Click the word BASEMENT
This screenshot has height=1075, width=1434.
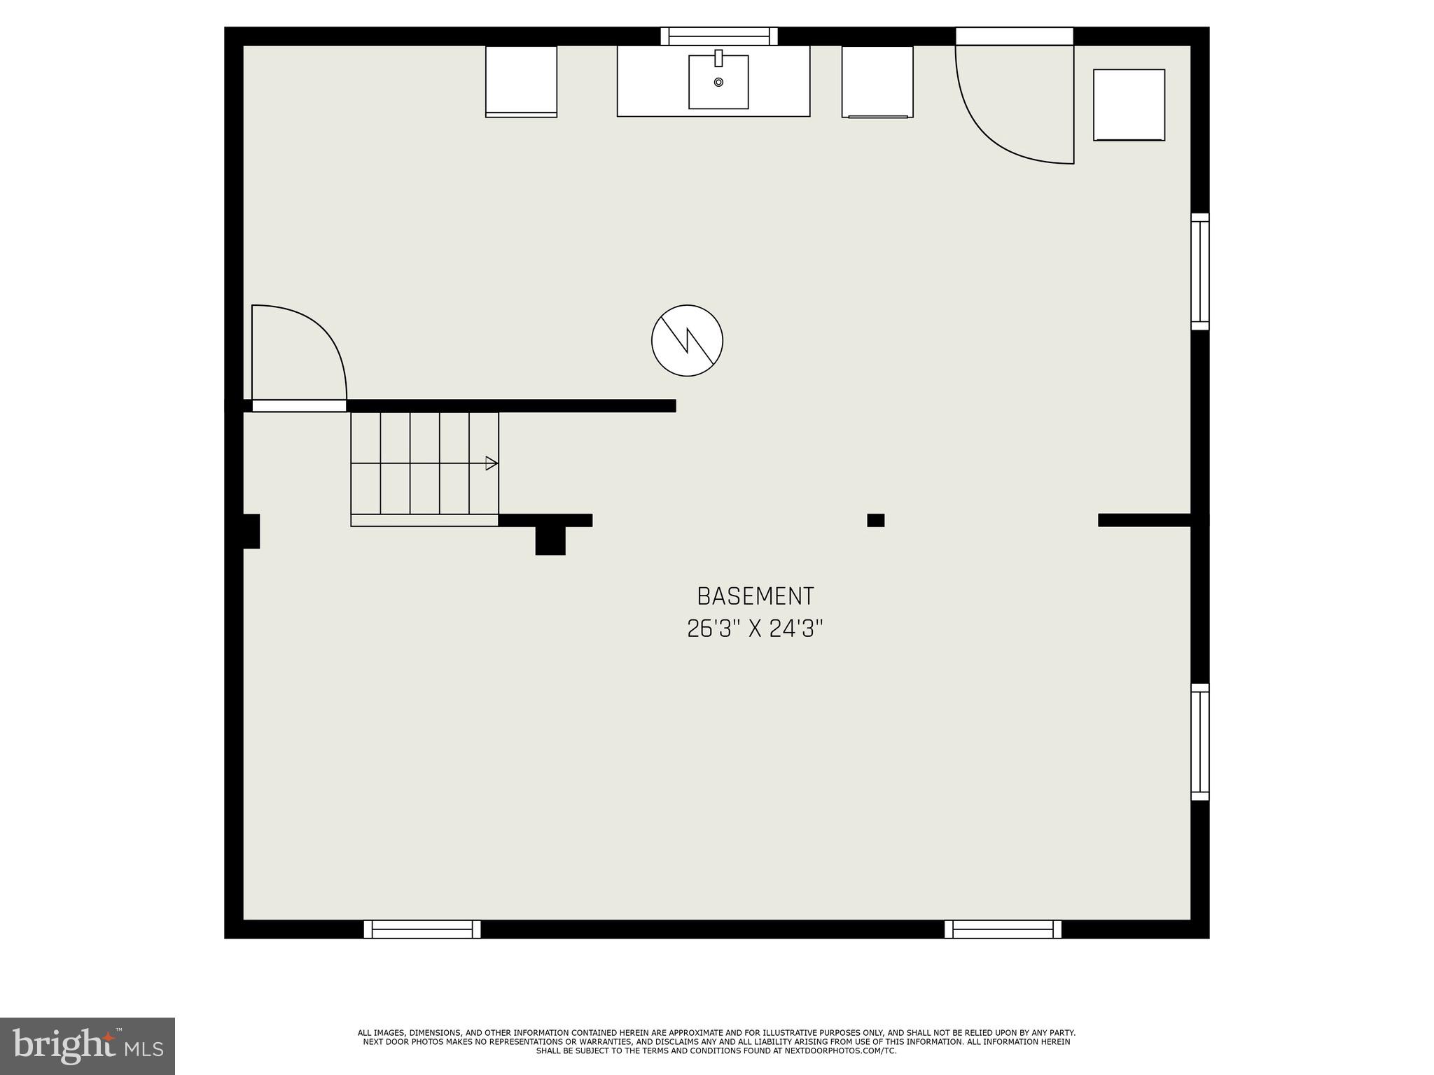pos(755,596)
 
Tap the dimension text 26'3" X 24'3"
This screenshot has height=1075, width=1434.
pos(755,629)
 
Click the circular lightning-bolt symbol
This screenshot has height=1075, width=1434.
pos(687,340)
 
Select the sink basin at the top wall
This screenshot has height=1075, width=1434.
pos(718,83)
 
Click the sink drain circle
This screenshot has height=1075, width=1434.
pos(718,82)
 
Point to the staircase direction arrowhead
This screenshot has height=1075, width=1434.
pos(492,463)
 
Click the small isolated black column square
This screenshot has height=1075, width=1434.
pos(875,520)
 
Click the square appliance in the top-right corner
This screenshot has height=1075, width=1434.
pos(1129,105)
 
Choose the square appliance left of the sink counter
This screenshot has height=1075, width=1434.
pos(521,81)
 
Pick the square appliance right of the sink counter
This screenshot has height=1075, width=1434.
pos(877,81)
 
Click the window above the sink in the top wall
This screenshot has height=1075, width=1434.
pos(719,36)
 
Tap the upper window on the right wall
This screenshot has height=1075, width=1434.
pos(1200,272)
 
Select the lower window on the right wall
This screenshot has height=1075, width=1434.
pos(1200,742)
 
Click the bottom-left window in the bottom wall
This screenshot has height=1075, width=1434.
pos(422,929)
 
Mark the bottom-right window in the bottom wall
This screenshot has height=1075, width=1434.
pos(1003,929)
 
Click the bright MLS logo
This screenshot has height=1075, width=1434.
pos(88,1046)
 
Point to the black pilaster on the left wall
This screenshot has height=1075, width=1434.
pos(251,531)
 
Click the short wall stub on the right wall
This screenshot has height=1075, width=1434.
pos(1144,520)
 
